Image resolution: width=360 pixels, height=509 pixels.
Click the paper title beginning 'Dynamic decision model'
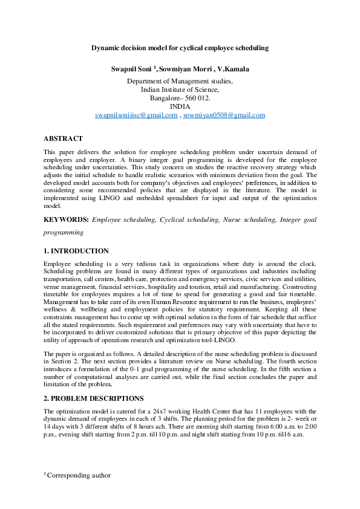(x=180, y=47)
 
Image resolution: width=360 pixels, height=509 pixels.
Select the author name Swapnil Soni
(x=132, y=70)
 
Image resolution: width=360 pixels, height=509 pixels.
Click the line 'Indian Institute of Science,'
(x=180, y=89)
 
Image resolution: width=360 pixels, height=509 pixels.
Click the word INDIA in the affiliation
(x=180, y=106)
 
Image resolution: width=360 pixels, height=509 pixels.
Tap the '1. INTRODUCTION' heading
(x=76, y=251)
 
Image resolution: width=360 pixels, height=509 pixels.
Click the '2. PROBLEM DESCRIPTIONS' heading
(x=93, y=399)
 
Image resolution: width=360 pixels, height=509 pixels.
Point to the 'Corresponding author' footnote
(x=78, y=476)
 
